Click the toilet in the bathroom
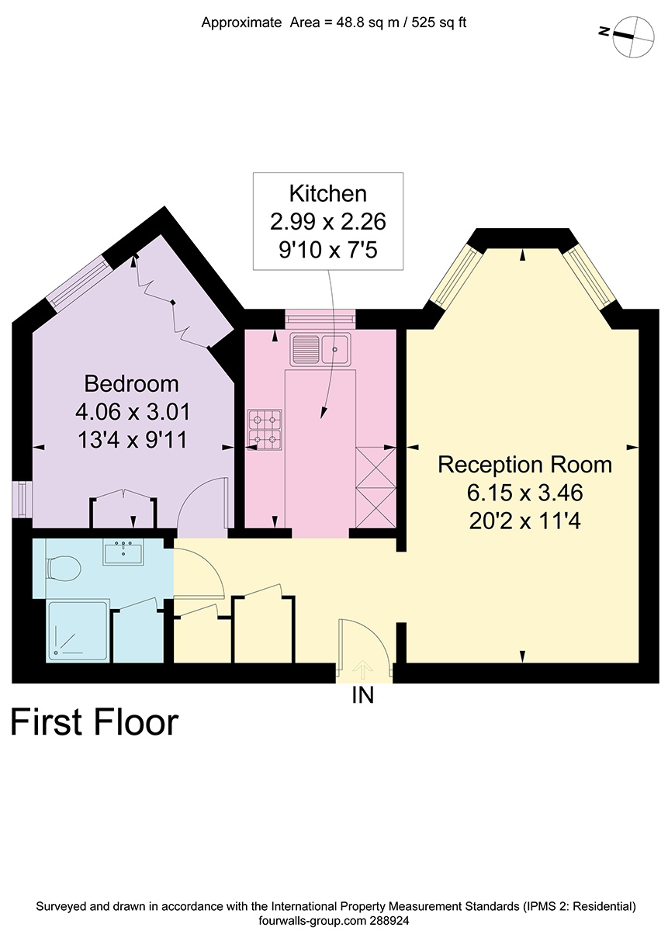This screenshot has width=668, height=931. (63, 569)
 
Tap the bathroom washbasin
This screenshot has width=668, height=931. (123, 552)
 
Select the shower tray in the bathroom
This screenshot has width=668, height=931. (78, 632)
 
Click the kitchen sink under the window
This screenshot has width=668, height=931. (320, 349)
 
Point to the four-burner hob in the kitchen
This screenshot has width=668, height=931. (265, 430)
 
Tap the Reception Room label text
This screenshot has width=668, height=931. (525, 465)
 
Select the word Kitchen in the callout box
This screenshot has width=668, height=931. (328, 194)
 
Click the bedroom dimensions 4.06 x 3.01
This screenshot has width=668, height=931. (133, 412)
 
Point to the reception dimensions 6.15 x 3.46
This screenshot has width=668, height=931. (525, 493)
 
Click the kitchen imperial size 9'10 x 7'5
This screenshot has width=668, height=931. (328, 251)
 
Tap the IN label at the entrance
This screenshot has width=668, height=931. (363, 695)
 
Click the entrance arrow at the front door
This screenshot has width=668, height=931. (363, 669)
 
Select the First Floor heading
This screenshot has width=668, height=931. (95, 723)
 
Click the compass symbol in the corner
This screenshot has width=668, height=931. (634, 36)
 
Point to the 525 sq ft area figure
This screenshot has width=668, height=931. (439, 22)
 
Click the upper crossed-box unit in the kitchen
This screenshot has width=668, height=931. (376, 467)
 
